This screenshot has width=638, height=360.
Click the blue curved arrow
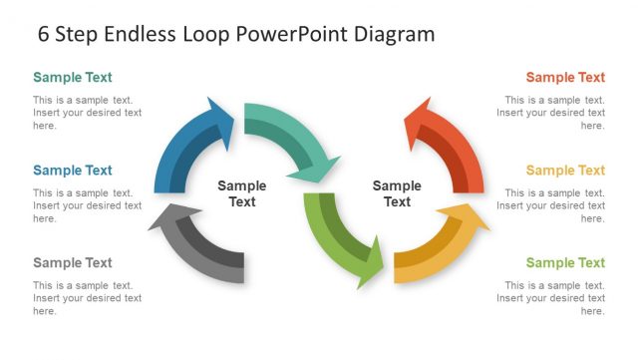coord(184,145)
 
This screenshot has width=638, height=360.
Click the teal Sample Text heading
coord(72,77)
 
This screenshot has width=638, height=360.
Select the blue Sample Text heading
coord(72,171)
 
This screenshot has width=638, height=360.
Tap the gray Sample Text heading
coord(72,263)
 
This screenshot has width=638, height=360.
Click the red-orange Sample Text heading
coord(565,77)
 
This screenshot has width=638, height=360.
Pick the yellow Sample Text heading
coord(565,171)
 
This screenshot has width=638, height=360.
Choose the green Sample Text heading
coord(565,263)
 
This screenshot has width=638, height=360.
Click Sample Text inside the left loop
coord(242,193)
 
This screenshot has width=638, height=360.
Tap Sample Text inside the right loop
coord(397,193)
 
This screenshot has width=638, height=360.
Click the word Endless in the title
coord(140,34)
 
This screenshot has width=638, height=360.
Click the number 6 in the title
coord(44,34)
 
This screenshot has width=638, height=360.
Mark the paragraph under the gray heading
coord(87,298)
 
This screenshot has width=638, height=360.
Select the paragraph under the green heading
coord(550,298)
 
